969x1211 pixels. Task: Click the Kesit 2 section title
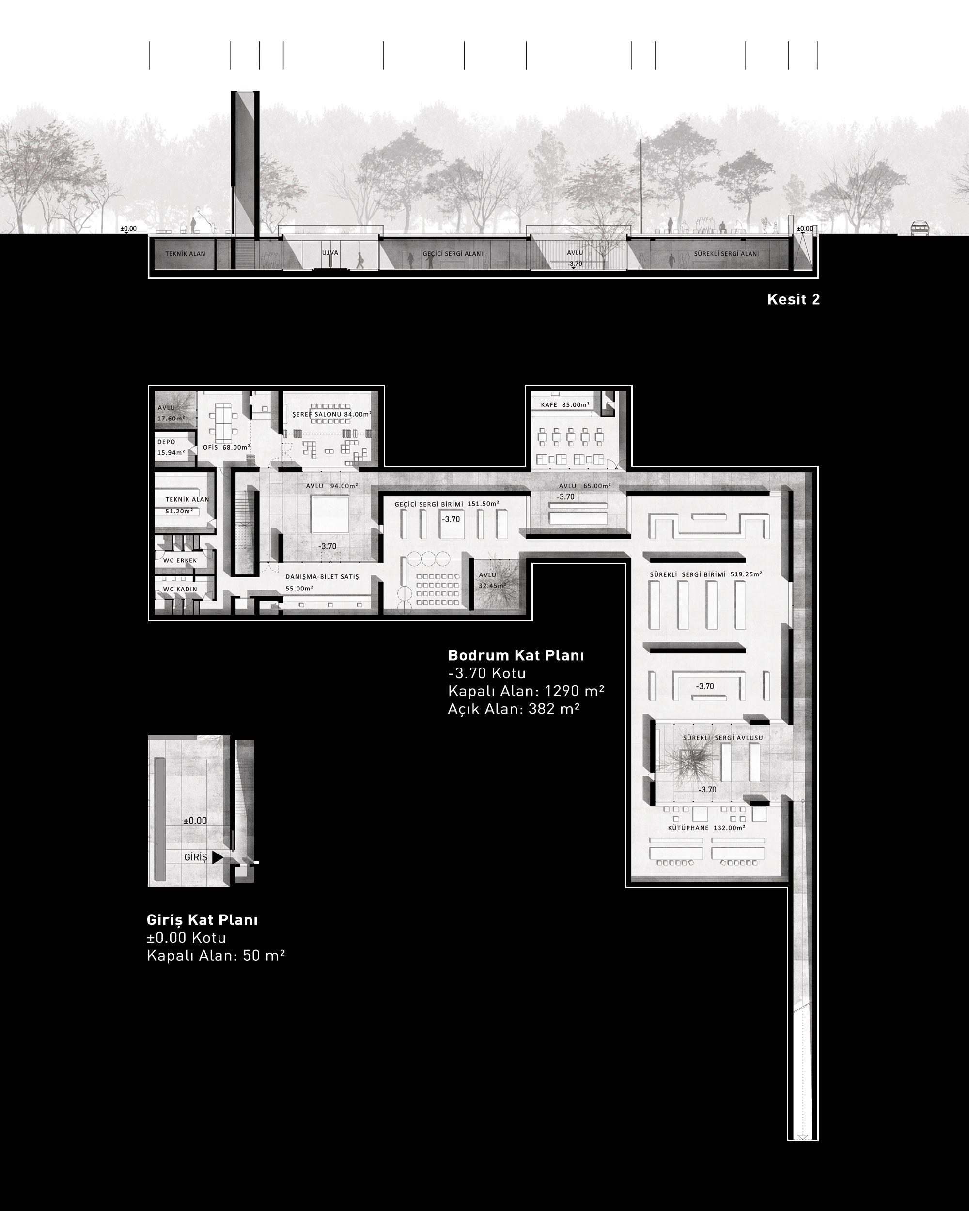pyautogui.click(x=793, y=299)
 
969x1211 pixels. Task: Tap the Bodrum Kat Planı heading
pyautogui.click(x=516, y=655)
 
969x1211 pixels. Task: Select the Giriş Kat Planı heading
pyautogui.click(x=202, y=920)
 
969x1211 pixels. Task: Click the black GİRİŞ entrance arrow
pyautogui.click(x=218, y=857)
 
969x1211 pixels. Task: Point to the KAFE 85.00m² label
pyautogui.click(x=565, y=404)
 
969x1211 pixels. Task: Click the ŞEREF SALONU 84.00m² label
pyautogui.click(x=331, y=414)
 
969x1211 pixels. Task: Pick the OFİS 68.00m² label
pyautogui.click(x=226, y=447)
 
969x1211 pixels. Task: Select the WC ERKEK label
pyautogui.click(x=180, y=560)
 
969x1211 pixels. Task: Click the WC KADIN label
pyautogui.click(x=180, y=589)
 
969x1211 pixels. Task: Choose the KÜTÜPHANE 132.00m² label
pyautogui.click(x=706, y=828)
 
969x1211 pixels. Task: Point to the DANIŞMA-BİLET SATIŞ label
pyautogui.click(x=322, y=577)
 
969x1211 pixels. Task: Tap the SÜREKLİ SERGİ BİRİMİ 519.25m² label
pyautogui.click(x=706, y=574)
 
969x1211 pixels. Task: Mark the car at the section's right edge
pyautogui.click(x=920, y=228)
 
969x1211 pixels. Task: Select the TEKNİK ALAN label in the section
pyautogui.click(x=186, y=254)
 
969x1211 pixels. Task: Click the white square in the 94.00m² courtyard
pyautogui.click(x=331, y=514)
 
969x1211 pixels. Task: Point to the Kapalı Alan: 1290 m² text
pyautogui.click(x=526, y=691)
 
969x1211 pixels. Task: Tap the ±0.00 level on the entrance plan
pyautogui.click(x=195, y=821)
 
